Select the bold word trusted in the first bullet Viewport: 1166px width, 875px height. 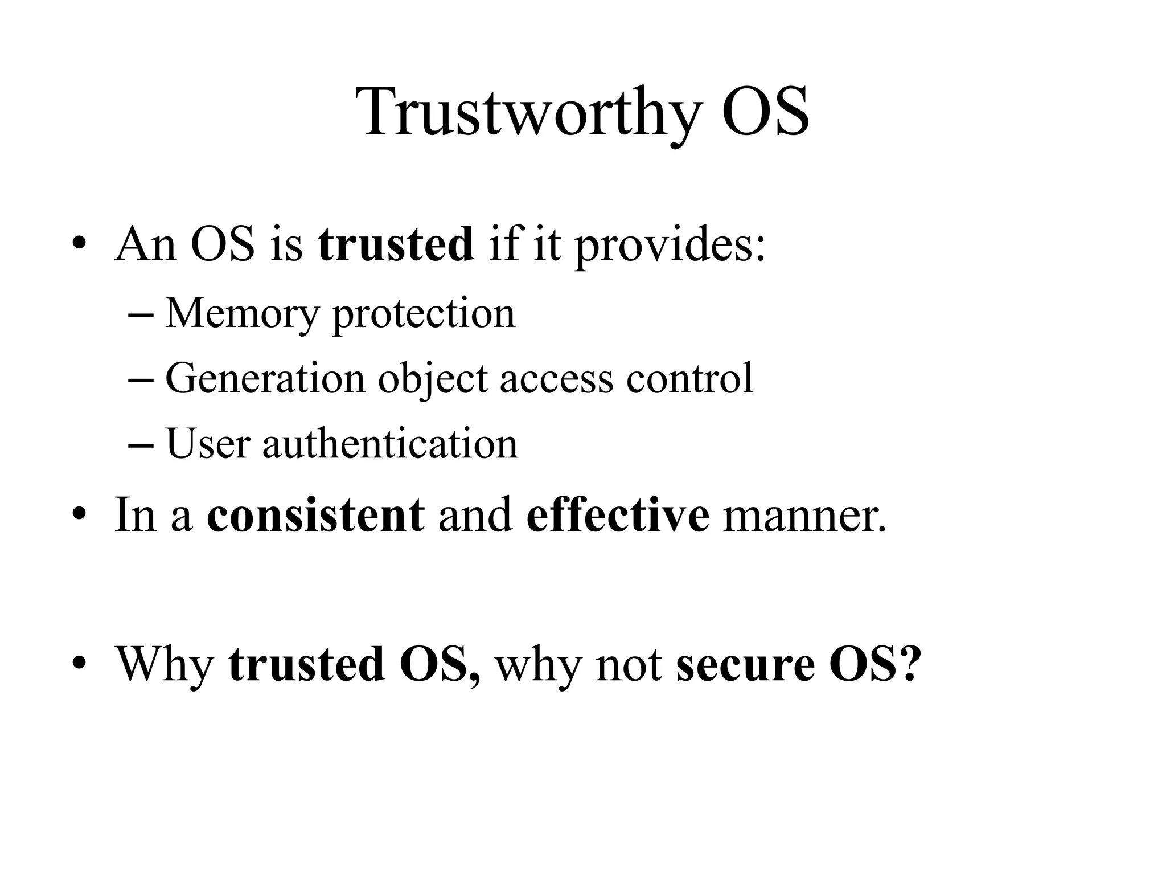396,244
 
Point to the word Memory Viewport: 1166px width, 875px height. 242,314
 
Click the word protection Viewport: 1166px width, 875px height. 424,314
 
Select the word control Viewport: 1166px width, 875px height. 689,378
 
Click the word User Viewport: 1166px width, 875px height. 208,444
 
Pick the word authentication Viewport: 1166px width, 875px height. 390,444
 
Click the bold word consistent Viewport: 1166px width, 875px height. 315,515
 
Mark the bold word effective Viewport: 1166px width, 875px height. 618,515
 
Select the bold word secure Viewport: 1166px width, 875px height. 745,664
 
